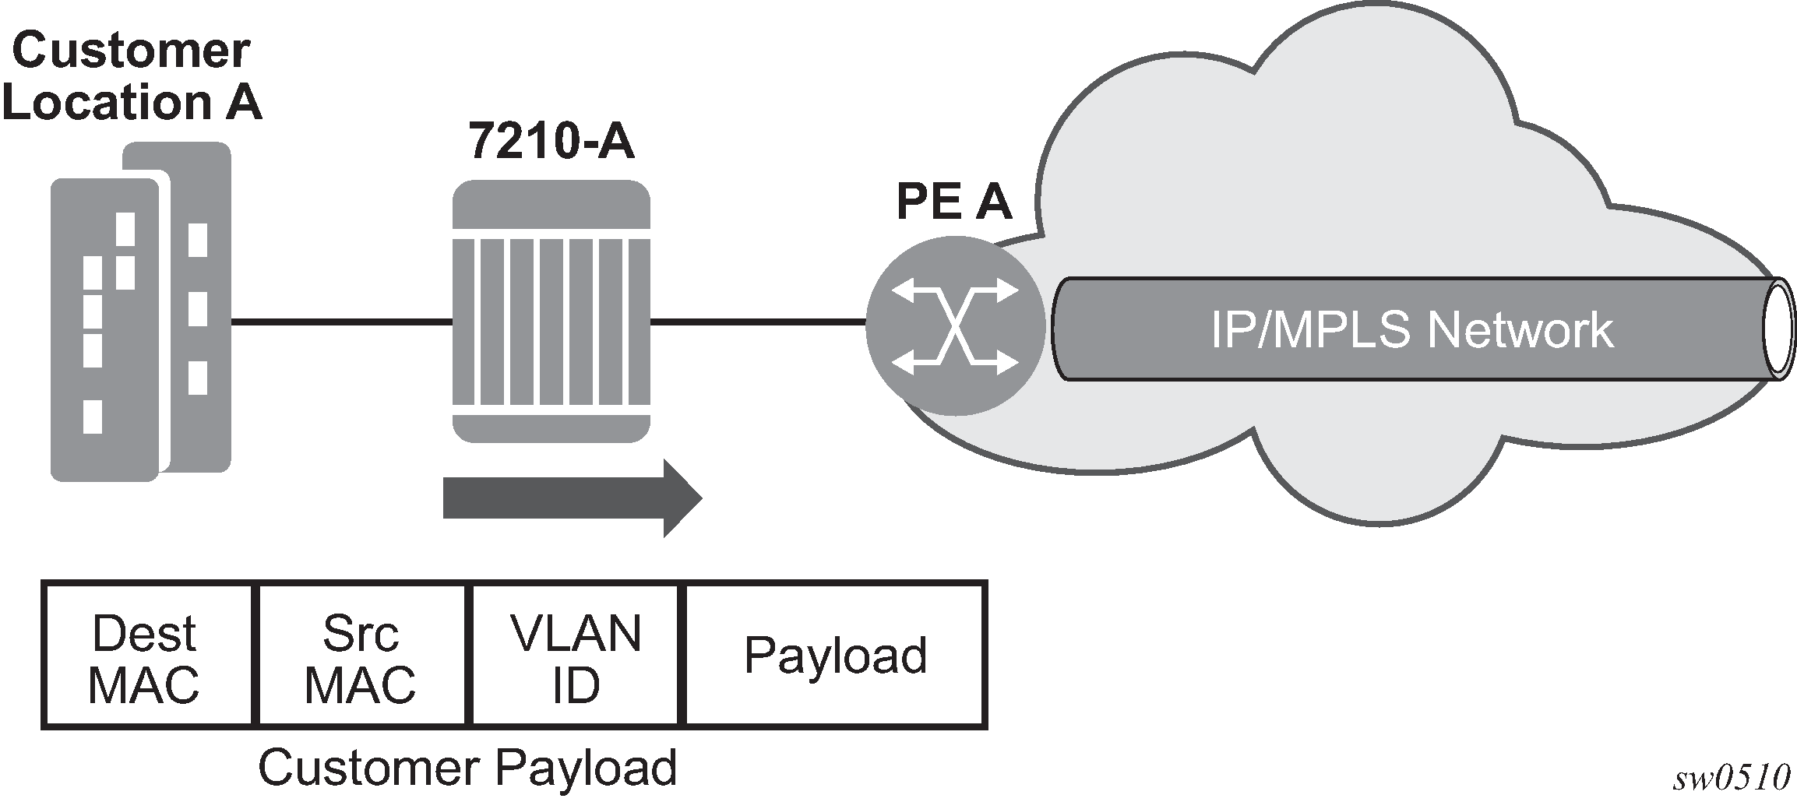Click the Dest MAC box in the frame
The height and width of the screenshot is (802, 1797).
[x=146, y=656]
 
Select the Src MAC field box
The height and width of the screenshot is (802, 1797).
[x=361, y=656]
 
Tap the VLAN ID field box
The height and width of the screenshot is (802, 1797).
[x=576, y=656]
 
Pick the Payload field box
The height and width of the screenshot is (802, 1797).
[x=836, y=656]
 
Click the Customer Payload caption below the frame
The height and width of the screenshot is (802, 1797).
[x=467, y=768]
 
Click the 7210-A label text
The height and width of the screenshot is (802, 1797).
[x=551, y=142]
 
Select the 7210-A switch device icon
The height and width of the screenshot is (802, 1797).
[x=551, y=311]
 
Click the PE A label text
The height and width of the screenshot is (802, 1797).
[x=953, y=202]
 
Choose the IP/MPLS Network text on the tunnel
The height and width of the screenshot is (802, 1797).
[x=1411, y=329]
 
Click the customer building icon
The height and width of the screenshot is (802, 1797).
[x=140, y=311]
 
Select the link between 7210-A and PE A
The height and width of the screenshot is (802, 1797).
[x=757, y=320]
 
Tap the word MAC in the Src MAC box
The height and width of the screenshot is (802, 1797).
[x=360, y=685]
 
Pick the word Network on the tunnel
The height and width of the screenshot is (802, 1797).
[x=1519, y=329]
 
